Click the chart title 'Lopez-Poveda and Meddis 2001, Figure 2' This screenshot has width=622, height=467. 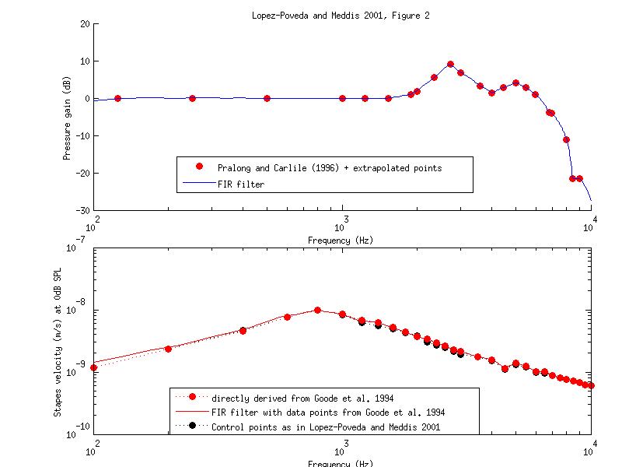[x=342, y=15]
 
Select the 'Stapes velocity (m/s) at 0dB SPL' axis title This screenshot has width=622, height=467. [x=58, y=340]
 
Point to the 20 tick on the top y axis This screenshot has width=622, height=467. [x=83, y=23]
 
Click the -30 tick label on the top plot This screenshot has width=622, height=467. [x=81, y=211]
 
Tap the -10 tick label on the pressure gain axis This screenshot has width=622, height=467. [x=81, y=136]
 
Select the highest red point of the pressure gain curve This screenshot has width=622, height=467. [x=450, y=65]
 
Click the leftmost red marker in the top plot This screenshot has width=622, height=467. [x=117, y=99]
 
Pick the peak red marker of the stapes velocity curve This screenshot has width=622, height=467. [x=317, y=310]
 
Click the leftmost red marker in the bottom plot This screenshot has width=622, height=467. [x=93, y=368]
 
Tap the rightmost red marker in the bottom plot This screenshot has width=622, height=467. [x=591, y=385]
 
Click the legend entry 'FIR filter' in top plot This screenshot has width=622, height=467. [x=240, y=184]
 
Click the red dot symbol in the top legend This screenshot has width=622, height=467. [x=199, y=167]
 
